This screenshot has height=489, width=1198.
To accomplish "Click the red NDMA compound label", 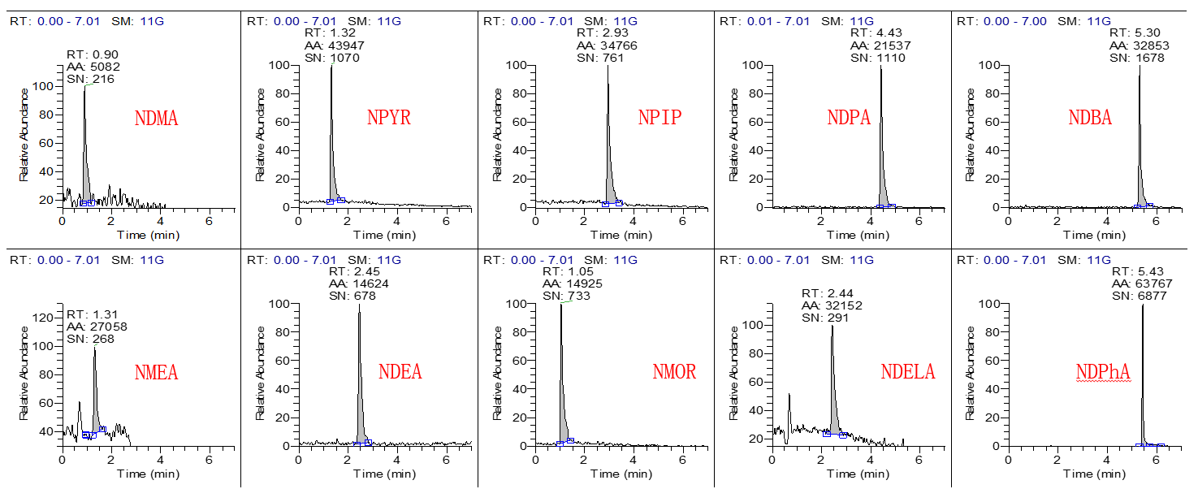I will pyautogui.click(x=156, y=119).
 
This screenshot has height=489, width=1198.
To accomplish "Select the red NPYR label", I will pyautogui.click(x=388, y=117).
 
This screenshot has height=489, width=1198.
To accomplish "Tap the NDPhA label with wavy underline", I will pyautogui.click(x=1103, y=372).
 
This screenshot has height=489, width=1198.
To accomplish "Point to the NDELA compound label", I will pyautogui.click(x=907, y=372).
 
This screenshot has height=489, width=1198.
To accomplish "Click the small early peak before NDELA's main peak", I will pyautogui.click(x=789, y=396).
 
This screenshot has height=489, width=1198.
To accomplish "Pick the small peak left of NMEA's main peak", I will pyautogui.click(x=79, y=403).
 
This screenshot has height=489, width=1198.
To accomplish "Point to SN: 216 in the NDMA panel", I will pyautogui.click(x=90, y=79).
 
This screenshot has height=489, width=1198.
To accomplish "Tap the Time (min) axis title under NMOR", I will pyautogui.click(x=621, y=474).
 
